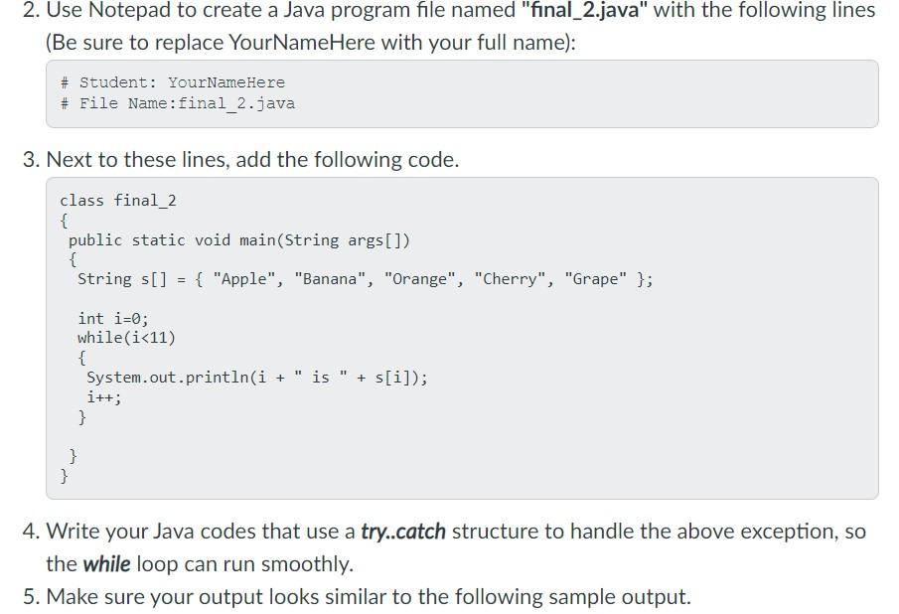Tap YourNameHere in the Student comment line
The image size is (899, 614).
pos(225,82)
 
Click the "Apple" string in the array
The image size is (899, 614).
pos(243,279)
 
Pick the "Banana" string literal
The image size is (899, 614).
pos(331,279)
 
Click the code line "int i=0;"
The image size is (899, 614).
pos(112,318)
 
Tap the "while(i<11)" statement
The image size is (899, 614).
pos(126,338)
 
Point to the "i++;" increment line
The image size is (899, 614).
pos(104,397)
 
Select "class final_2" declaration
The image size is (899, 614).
pos(117,201)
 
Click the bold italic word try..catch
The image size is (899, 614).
pos(402,532)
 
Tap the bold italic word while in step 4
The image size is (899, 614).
pos(106,564)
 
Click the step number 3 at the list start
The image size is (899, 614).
pos(30,160)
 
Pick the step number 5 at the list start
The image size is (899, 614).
pos(30,597)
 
